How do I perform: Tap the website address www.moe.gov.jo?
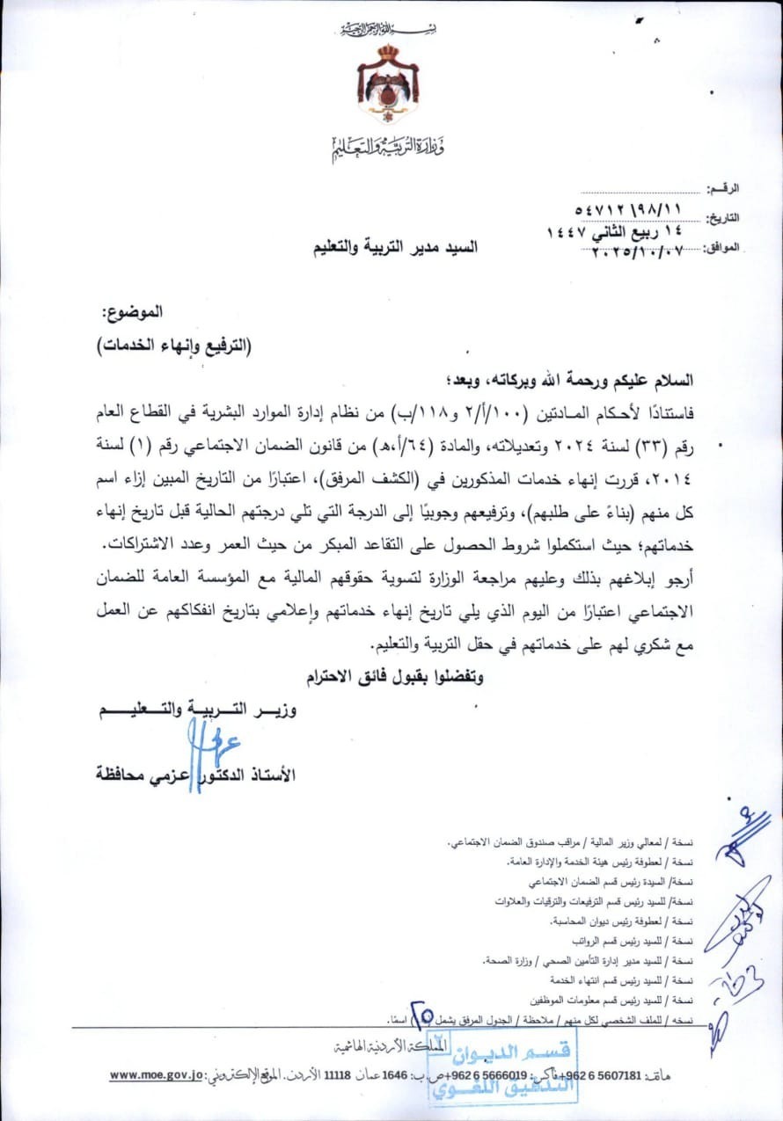tap(157, 1074)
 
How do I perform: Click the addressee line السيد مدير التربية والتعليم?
tap(396, 248)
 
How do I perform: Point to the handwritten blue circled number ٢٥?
tap(423, 1015)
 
